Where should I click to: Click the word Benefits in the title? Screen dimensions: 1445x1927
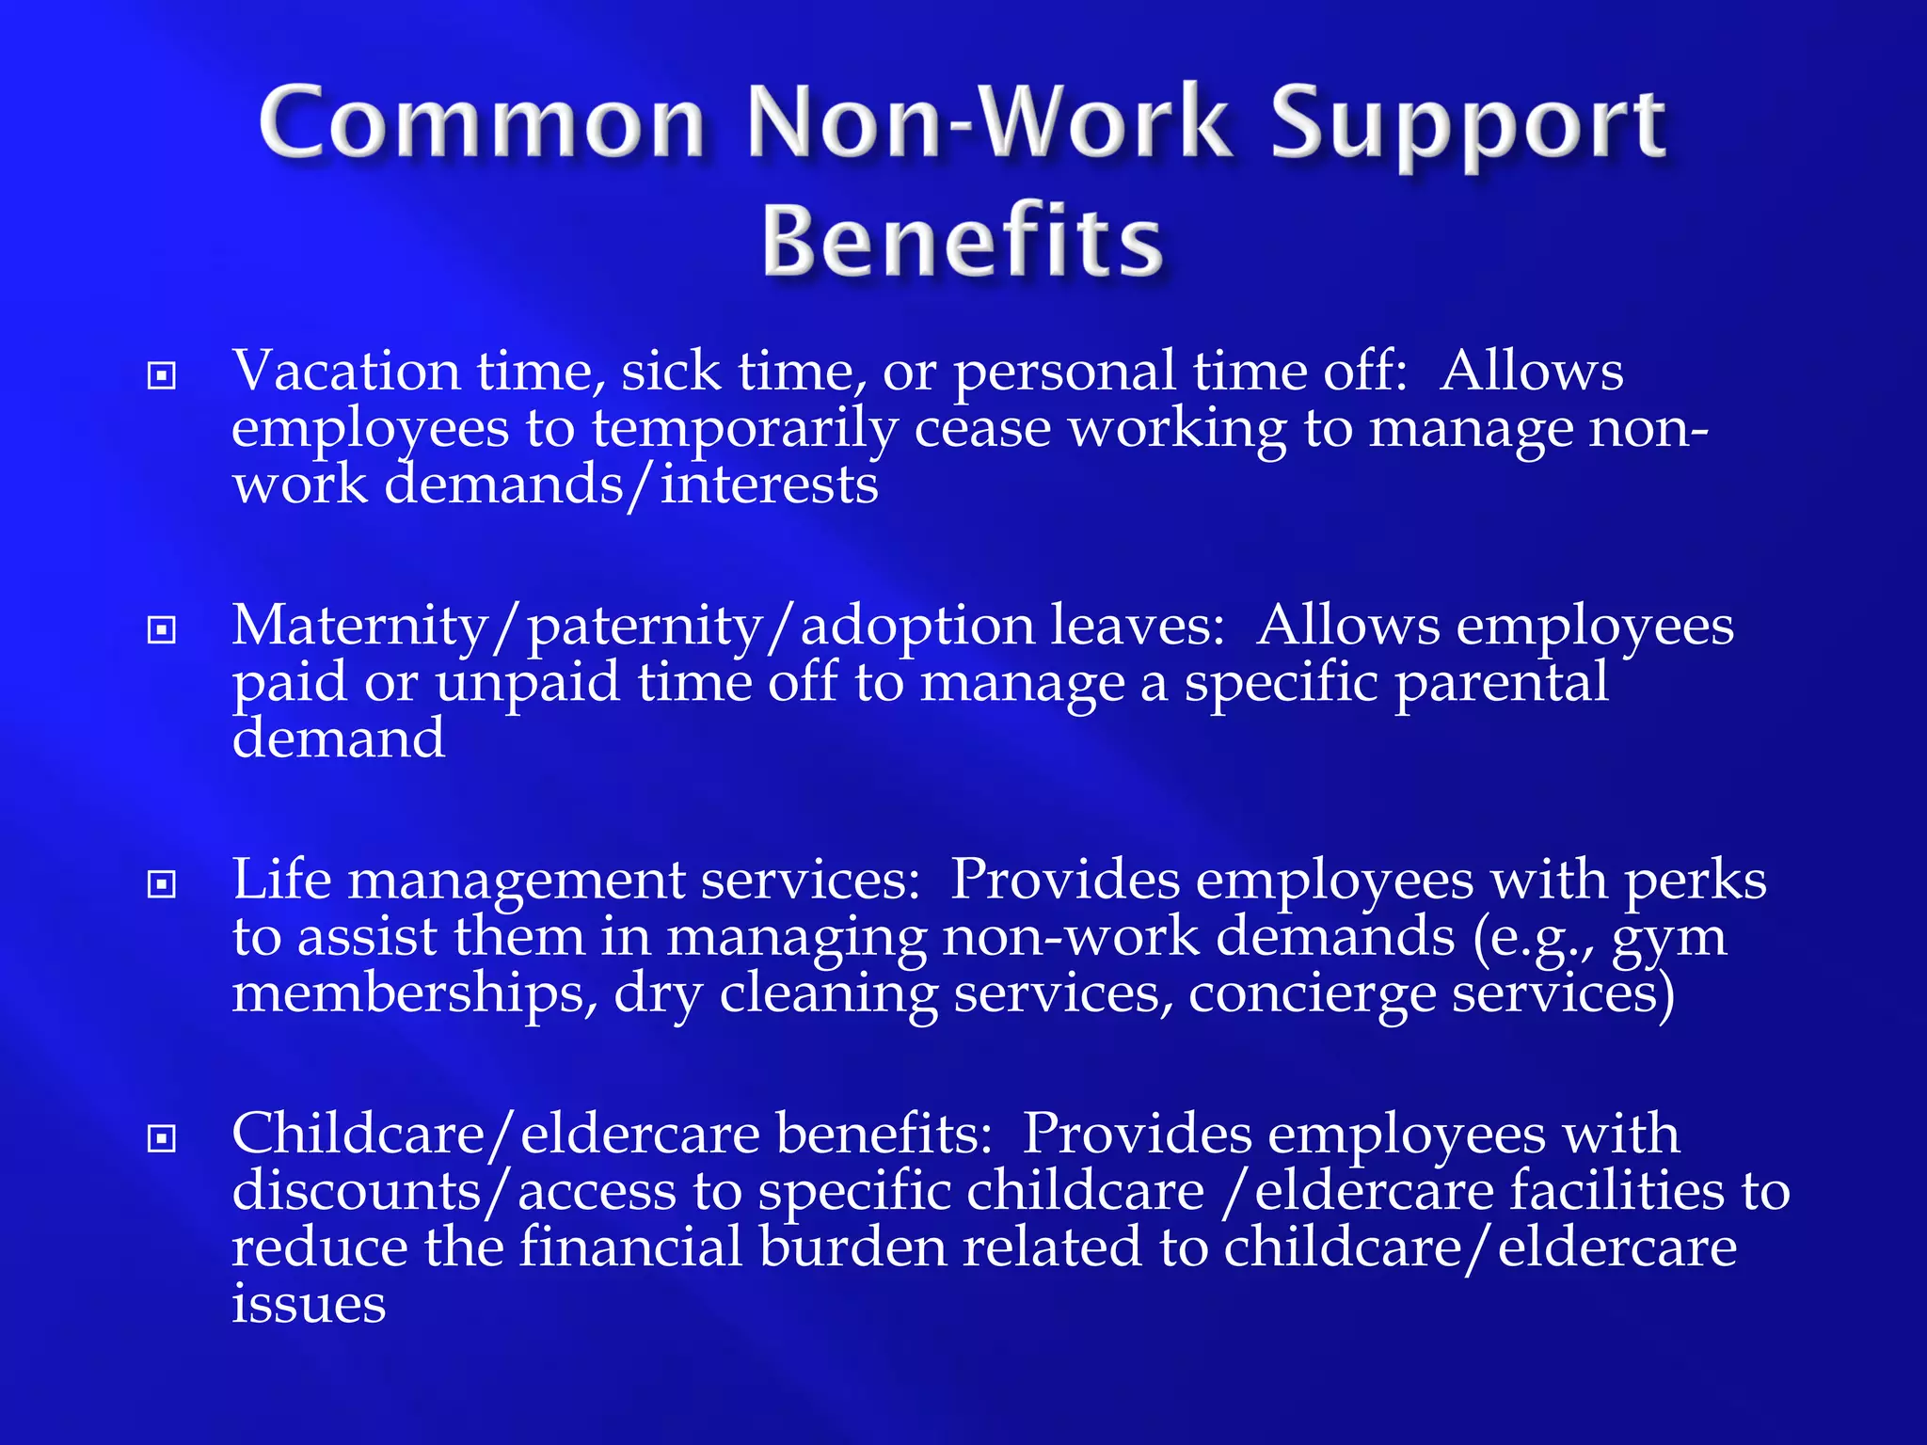[x=963, y=242]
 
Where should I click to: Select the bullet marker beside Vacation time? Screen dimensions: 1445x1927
[x=162, y=376]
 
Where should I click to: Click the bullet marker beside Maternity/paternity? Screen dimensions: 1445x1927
[x=162, y=629]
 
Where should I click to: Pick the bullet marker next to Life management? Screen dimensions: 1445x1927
[x=162, y=884]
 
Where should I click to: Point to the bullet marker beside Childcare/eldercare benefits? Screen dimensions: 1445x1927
[x=162, y=1138]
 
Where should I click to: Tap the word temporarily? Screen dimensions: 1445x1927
[x=744, y=430]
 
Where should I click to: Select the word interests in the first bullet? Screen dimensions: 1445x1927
[x=769, y=485]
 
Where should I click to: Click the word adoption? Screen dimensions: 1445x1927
[x=916, y=626]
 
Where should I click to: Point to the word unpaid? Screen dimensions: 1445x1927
[x=528, y=683]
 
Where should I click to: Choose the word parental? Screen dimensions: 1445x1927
[x=1502, y=683]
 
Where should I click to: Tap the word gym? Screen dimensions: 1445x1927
[x=1669, y=939]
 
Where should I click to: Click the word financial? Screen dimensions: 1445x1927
[x=631, y=1247]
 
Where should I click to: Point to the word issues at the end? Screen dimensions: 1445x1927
[x=309, y=1304]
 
